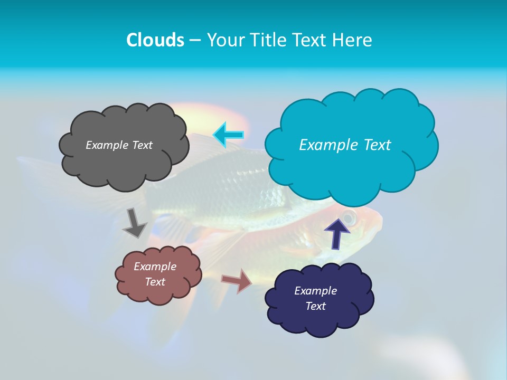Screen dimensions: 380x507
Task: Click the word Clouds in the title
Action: click(x=155, y=40)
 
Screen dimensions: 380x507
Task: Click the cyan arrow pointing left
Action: click(x=229, y=135)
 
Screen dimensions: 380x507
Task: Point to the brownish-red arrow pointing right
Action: click(x=237, y=281)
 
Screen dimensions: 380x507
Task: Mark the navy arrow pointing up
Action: click(x=337, y=232)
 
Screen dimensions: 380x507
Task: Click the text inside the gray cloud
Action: click(x=119, y=145)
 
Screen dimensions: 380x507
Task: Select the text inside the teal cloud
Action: click(x=345, y=145)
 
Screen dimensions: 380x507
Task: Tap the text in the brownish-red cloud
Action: click(x=155, y=274)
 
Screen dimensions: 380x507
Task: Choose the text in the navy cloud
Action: click(x=315, y=298)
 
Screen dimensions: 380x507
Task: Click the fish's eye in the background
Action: click(x=349, y=217)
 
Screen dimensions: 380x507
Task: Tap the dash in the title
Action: click(x=194, y=40)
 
